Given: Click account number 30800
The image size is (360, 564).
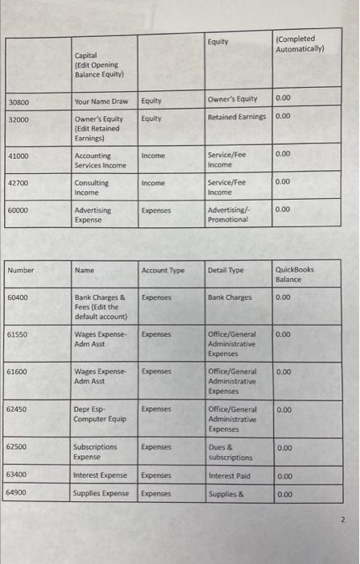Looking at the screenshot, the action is point(19,102).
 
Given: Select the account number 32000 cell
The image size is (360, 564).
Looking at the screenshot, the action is point(19,119).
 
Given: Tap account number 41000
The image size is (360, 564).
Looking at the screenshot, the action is point(19,156).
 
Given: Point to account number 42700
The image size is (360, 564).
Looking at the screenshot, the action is point(19,184).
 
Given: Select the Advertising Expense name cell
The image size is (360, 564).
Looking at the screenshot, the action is point(93,215).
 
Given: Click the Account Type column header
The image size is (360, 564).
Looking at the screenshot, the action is point(163,271).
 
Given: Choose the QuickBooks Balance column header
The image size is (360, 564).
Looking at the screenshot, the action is point(295,275).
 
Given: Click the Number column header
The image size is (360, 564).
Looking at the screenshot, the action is point(22,271).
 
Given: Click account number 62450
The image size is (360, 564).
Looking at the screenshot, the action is point(19,410).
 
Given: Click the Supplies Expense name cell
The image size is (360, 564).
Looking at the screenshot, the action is point(101,493).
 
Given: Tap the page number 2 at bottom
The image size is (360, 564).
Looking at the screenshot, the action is point(341,521).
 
